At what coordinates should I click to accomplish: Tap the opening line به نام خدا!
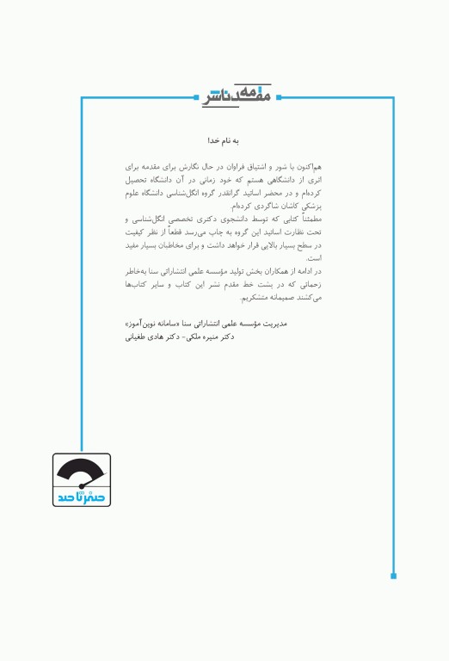(x=224, y=139)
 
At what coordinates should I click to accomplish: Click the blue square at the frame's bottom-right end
(x=394, y=575)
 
